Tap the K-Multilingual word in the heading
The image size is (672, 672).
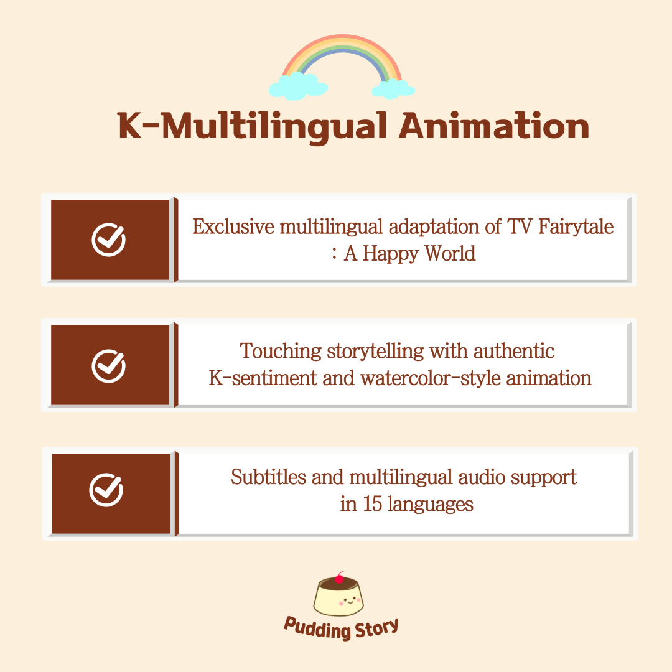coord(253,127)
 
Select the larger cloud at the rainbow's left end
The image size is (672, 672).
coord(298,86)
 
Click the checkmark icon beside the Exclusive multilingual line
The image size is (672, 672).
coord(108,240)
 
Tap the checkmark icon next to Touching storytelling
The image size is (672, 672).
coord(108,366)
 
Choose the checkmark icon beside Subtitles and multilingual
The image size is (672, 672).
coord(106,490)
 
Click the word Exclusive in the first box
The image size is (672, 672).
coord(233,226)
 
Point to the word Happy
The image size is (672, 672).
coord(390,254)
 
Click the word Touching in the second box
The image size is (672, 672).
coord(281,352)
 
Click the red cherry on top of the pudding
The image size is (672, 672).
coord(340,578)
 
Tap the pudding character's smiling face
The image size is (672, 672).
coord(350,600)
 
